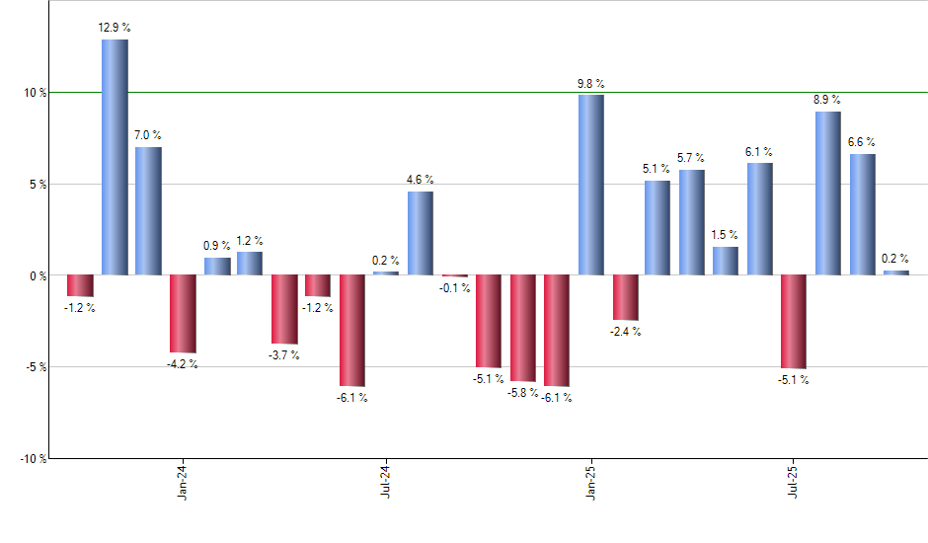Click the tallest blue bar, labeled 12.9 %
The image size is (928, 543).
[115, 157]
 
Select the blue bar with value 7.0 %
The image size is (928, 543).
[148, 211]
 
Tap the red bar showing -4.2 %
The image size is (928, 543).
[183, 314]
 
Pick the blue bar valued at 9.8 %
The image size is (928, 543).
[590, 185]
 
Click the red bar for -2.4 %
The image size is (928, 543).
[625, 297]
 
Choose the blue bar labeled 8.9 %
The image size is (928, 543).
[827, 194]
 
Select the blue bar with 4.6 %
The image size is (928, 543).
[420, 233]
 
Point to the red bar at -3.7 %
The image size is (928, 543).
[284, 309]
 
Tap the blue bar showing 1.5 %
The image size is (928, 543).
[726, 261]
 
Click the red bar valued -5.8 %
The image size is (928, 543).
[522, 328]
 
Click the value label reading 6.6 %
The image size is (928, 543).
[861, 142]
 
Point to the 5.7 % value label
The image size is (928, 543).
[691, 158]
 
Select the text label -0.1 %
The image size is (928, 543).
[455, 288]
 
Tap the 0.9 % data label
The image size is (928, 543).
[217, 245]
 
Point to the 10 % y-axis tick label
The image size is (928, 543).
[36, 93]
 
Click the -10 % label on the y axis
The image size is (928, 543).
[34, 459]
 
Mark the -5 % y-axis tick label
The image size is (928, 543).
[36, 367]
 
